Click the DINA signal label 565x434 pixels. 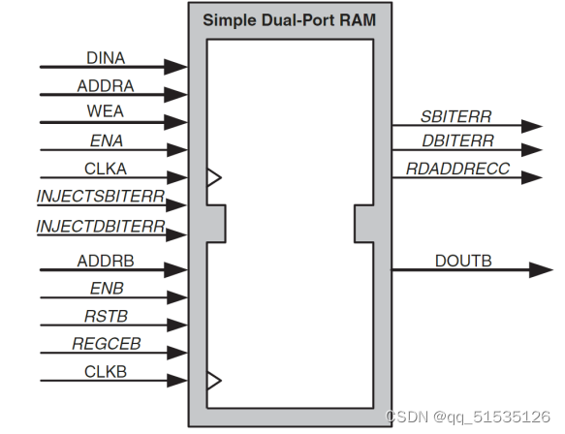click(x=106, y=58)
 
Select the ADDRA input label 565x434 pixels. click(x=106, y=86)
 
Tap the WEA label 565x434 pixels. click(x=106, y=111)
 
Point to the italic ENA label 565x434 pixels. click(x=107, y=140)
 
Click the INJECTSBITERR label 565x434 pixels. click(x=101, y=197)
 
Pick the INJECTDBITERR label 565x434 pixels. click(x=101, y=227)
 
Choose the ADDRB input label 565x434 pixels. click(x=106, y=261)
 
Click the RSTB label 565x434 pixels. click(x=106, y=316)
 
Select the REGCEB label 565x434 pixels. click(x=107, y=344)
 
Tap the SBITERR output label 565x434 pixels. click(x=455, y=116)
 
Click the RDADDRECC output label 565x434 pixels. click(x=457, y=169)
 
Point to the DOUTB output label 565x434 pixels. click(x=463, y=261)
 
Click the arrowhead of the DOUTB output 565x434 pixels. click(x=541, y=269)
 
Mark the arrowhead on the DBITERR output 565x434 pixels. click(x=532, y=150)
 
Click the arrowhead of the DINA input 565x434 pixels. click(x=175, y=67)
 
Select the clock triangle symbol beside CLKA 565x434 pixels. click(x=214, y=177)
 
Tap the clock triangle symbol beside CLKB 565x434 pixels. click(x=214, y=381)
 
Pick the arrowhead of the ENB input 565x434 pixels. click(x=177, y=297)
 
